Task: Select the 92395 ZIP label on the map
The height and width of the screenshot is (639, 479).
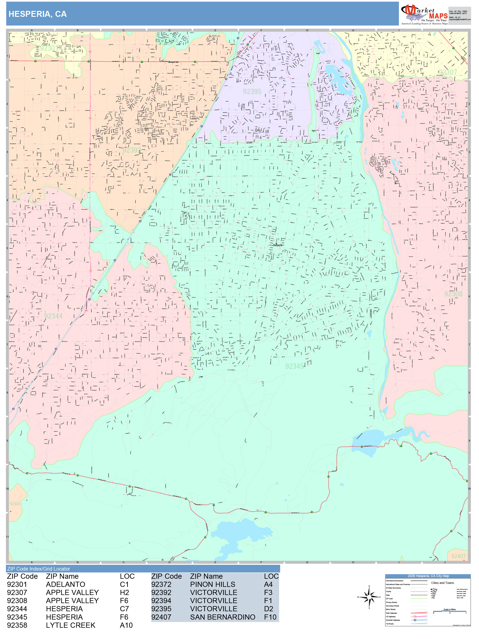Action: pos(252,92)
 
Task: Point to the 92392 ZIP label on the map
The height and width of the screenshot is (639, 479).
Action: pos(132,150)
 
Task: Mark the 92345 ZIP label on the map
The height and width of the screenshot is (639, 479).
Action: pos(294,366)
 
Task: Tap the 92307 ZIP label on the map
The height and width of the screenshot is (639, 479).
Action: pos(448,72)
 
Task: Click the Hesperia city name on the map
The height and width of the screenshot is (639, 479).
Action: pos(277,245)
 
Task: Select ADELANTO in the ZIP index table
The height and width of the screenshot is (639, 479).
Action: pos(66,584)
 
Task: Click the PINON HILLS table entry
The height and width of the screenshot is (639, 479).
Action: pos(213,584)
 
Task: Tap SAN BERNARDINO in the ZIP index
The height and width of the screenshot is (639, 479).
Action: pos(223,617)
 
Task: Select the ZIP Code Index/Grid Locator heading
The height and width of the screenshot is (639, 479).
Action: pos(39,569)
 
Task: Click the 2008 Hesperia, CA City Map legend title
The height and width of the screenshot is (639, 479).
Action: pos(428,576)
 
